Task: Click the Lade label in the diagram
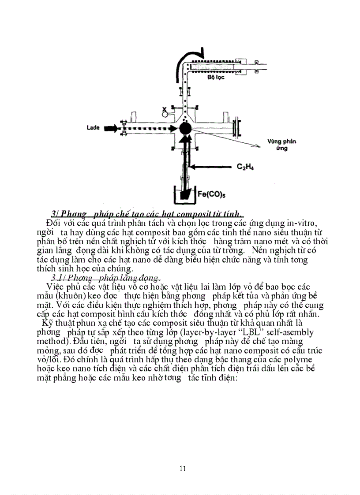[93, 128]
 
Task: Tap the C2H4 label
[246, 167]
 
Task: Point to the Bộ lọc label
[216, 77]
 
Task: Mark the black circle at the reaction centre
[185, 128]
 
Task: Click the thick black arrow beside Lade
[111, 128]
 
